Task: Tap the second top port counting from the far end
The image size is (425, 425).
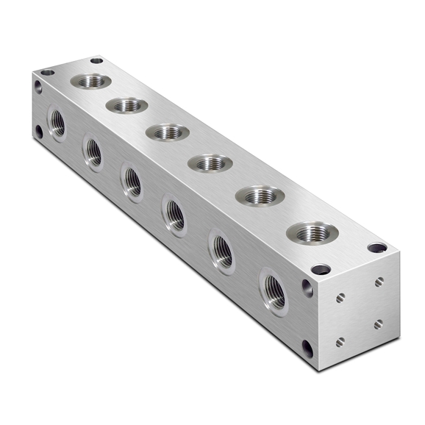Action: coord(126,105)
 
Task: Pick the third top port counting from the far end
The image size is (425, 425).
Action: coord(168,132)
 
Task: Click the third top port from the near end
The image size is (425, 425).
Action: coord(211,162)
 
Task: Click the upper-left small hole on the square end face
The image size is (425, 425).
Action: coord(340,298)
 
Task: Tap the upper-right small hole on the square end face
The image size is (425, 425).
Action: coord(378,281)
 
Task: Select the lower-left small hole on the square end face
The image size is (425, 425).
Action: coord(340,342)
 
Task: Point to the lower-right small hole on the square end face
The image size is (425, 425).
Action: coord(377,324)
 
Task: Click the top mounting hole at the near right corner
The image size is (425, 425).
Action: coord(376,248)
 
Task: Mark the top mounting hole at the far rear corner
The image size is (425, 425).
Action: coord(96,61)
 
